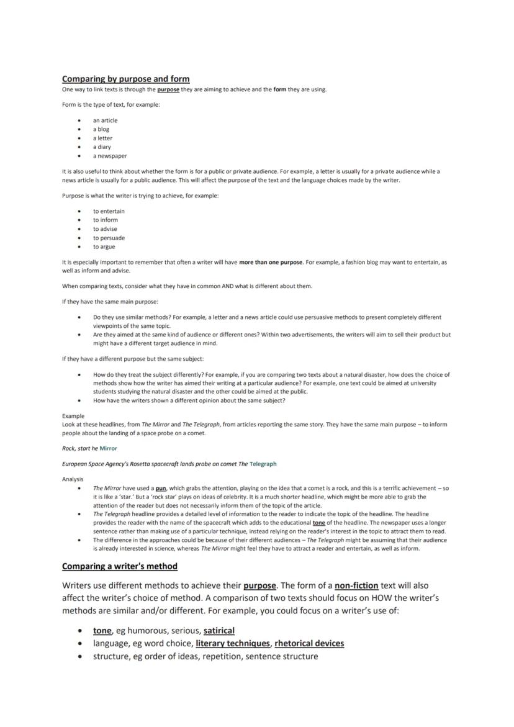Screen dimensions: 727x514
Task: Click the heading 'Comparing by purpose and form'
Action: pos(125,79)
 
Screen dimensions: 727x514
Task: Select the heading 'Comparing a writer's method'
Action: pos(119,566)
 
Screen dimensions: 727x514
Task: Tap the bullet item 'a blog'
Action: pos(101,129)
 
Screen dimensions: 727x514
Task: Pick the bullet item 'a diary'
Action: pos(102,147)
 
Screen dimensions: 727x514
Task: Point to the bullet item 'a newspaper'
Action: pos(110,156)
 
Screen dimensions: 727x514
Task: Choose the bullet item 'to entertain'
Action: pos(109,211)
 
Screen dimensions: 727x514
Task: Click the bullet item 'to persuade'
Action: pos(109,238)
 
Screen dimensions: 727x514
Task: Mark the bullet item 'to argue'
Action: pos(104,246)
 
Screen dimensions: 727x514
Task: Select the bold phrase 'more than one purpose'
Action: pos(271,262)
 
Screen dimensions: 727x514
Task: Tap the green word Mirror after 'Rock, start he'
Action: pos(108,448)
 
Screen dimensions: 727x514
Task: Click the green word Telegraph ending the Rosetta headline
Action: pos(263,464)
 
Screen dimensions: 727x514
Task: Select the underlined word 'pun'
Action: pos(161,489)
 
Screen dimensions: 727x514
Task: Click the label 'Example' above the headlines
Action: pos(73,416)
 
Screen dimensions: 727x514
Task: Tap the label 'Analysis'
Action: pos(73,479)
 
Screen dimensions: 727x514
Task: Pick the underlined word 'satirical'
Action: pos(219,631)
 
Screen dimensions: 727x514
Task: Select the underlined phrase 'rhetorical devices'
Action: pos(309,643)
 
